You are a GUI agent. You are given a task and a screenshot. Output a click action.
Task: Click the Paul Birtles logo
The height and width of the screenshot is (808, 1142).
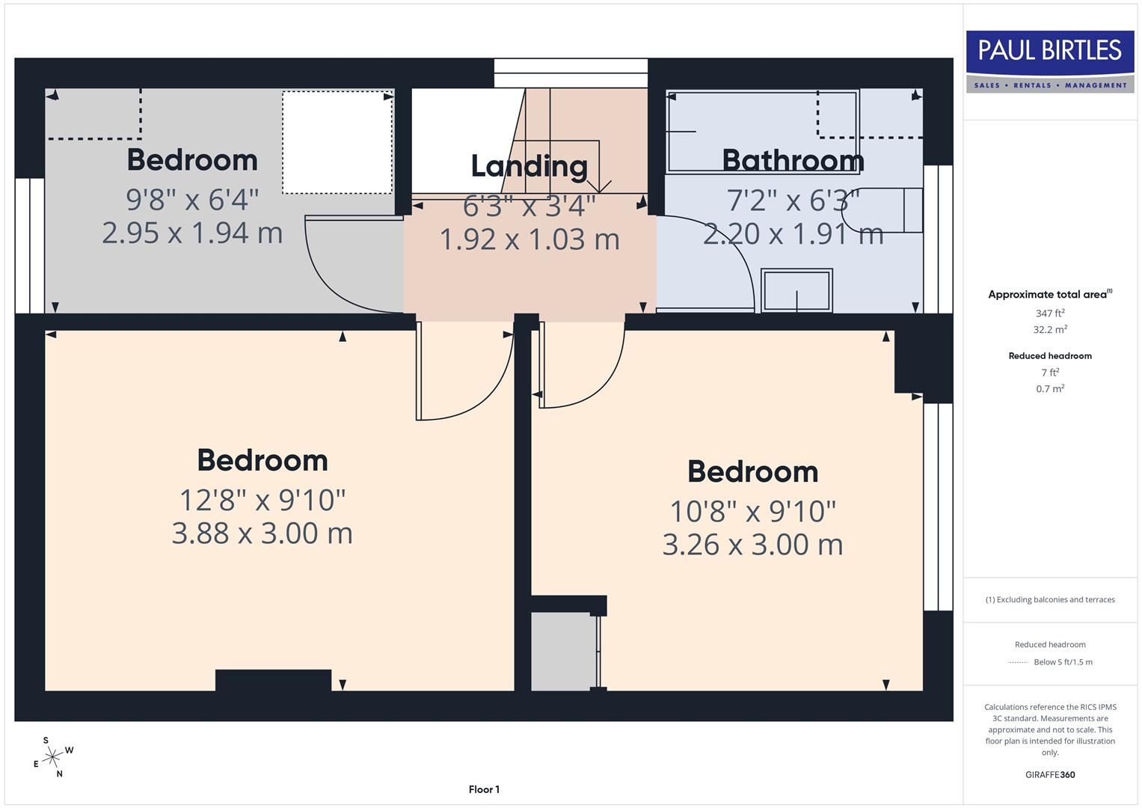click(x=1049, y=61)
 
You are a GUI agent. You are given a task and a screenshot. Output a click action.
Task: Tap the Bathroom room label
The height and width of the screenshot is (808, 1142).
click(x=793, y=160)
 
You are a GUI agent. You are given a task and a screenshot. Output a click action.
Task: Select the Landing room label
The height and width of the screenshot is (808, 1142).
click(x=529, y=166)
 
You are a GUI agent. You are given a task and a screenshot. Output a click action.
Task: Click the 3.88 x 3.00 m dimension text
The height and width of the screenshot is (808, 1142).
click(x=262, y=533)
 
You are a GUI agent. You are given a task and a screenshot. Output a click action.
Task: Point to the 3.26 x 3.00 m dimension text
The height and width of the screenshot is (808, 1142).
click(x=752, y=545)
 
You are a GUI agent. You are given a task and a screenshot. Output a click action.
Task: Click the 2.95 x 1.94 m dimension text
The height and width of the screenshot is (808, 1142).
click(x=192, y=233)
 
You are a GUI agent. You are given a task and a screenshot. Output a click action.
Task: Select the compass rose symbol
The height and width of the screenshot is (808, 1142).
click(x=52, y=757)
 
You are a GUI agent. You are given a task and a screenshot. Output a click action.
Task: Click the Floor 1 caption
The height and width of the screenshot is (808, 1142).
click(x=484, y=789)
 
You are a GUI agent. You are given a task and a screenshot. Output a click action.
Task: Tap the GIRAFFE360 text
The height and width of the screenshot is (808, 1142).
click(x=1049, y=774)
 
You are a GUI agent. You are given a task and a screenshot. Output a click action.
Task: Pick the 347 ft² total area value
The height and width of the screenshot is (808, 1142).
click(x=1049, y=313)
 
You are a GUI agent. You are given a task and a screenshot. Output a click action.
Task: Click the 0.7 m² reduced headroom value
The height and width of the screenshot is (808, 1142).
click(x=1049, y=389)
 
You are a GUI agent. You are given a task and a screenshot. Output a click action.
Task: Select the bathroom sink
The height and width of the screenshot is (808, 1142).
click(x=796, y=290)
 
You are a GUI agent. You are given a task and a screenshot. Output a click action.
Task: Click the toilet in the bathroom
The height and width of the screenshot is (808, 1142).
click(x=890, y=210)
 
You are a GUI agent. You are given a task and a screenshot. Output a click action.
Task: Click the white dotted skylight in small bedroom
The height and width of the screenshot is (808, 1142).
click(x=337, y=142)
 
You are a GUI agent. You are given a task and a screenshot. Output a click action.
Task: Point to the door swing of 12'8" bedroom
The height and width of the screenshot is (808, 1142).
click(x=464, y=374)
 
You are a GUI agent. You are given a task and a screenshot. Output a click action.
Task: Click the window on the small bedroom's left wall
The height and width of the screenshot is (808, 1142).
click(x=30, y=245)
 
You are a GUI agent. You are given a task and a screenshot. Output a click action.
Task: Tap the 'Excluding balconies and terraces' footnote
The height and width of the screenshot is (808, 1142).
click(x=1049, y=599)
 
